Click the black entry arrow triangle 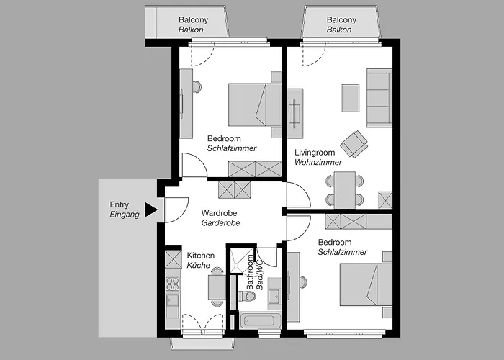[x=151, y=210]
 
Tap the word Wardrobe [x=219, y=213]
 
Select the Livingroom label [x=315, y=153]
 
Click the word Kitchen [x=201, y=256]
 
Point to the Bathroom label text [x=250, y=272]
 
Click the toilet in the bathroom [x=247, y=296]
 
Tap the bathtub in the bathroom [x=258, y=321]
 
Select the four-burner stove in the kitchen [x=172, y=284]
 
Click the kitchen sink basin [x=173, y=300]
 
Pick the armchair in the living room [x=354, y=144]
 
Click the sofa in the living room [x=379, y=98]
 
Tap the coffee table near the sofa [x=351, y=98]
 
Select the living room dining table [x=345, y=189]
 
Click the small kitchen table [x=217, y=287]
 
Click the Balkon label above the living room [x=339, y=30]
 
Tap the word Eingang [x=125, y=215]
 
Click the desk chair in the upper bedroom [x=197, y=87]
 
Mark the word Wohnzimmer [x=318, y=162]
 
